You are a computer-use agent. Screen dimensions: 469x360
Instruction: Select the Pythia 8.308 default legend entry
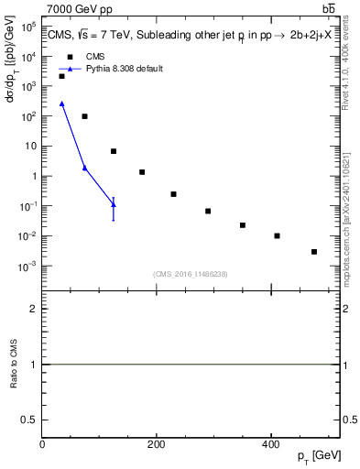click(x=123, y=69)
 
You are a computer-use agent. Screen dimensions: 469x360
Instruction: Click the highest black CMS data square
click(x=61, y=76)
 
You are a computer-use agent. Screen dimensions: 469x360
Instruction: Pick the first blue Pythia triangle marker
click(x=61, y=104)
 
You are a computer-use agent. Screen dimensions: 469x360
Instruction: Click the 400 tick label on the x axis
click(x=269, y=444)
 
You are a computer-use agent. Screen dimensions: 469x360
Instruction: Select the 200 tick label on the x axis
click(x=156, y=444)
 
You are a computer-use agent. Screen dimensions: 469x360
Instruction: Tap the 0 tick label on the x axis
click(x=42, y=444)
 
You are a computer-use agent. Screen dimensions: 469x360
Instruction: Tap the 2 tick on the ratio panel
click(x=33, y=309)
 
